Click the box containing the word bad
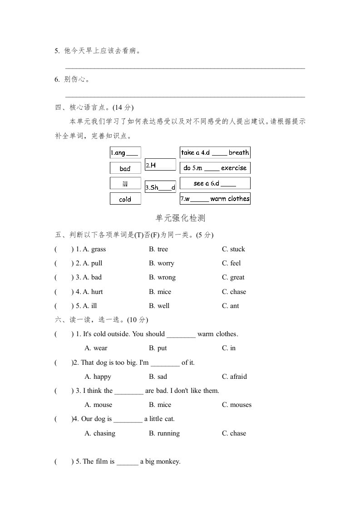point(125,168)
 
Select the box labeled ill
point(125,184)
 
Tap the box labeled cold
point(125,199)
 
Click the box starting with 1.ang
point(125,153)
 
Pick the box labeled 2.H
point(160,165)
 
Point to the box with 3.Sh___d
point(160,187)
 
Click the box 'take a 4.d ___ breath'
point(215,152)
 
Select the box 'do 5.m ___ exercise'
point(215,168)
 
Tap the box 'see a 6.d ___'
point(215,183)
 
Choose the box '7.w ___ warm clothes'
point(215,199)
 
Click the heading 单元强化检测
point(181,218)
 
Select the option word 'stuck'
point(237,249)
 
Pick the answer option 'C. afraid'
point(234,377)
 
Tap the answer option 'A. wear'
point(96,348)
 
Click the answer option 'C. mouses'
point(237,405)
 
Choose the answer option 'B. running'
point(164,433)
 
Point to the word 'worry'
point(166,263)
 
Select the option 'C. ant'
point(230,306)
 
